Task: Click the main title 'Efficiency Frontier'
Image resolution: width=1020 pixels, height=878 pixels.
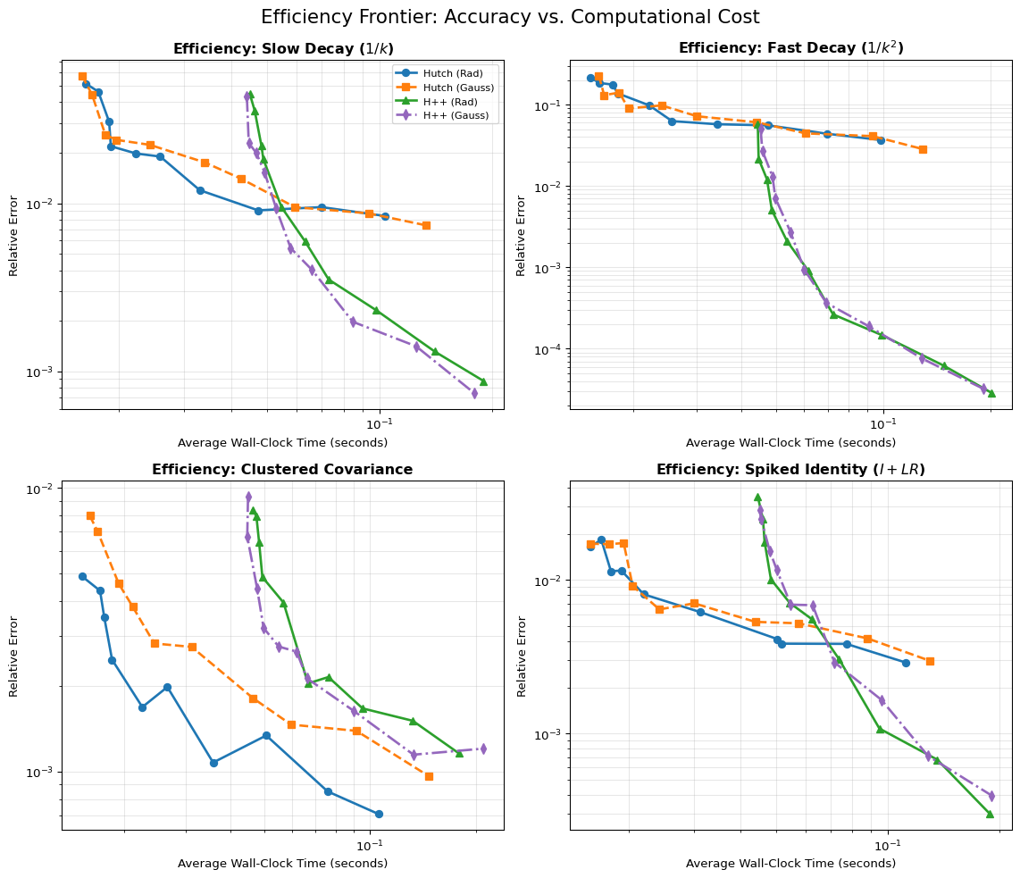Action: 509,17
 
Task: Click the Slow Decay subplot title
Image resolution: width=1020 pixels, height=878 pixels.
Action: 282,48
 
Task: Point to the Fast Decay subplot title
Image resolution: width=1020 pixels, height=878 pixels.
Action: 790,48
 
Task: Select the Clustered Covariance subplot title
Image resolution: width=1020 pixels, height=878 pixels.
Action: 282,470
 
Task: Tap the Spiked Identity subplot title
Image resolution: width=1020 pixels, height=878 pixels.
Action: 790,470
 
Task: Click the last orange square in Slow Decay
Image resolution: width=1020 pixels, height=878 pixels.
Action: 426,225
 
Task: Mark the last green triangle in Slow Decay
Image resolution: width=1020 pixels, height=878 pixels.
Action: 483,381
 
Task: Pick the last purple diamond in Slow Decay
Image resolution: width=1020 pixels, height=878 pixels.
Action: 474,393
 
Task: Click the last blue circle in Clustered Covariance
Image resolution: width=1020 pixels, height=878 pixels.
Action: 379,814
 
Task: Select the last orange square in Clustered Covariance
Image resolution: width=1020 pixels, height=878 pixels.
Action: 429,776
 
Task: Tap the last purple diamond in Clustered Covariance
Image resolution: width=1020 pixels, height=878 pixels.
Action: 483,748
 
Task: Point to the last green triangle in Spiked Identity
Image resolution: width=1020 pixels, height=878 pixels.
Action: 990,814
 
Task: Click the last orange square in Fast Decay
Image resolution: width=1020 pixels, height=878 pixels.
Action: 923,149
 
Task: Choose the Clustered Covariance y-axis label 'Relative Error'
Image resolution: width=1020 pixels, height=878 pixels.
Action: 14,656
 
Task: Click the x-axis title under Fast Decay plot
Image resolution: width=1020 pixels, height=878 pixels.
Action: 790,443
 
